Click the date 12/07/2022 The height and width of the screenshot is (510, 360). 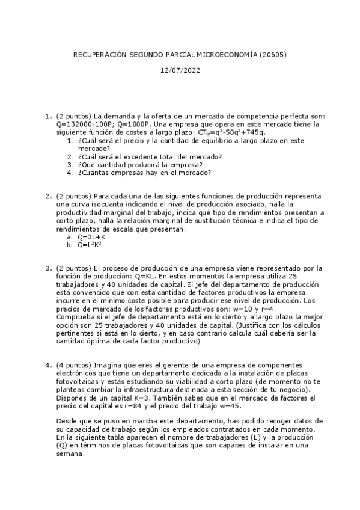180,70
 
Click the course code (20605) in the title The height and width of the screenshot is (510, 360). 273,54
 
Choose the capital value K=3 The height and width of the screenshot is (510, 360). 144,397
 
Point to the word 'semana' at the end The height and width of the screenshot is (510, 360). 70,455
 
